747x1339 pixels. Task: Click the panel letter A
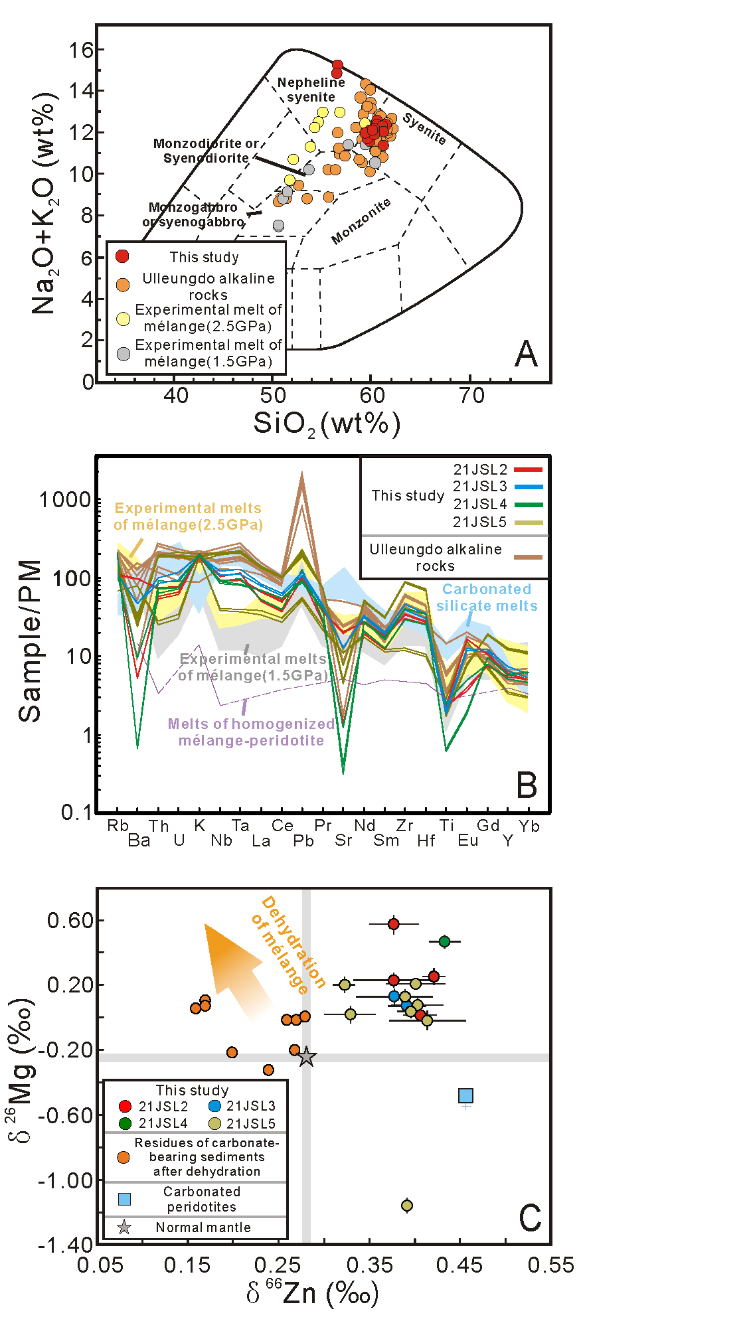526,354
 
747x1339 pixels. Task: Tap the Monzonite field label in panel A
361,222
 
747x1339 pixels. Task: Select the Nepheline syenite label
311,90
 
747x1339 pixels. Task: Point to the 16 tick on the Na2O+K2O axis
82,50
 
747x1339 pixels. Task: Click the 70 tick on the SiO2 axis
471,396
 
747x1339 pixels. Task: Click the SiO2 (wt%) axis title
327,424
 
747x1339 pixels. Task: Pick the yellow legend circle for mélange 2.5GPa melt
124,319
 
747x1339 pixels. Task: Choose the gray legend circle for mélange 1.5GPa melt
124,354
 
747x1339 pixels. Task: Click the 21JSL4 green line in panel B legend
529,505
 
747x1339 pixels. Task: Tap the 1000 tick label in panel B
64,500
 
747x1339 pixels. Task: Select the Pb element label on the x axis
303,841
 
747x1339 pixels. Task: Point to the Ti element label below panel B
447,826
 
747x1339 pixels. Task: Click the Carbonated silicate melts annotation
487,597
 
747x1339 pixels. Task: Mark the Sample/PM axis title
30,641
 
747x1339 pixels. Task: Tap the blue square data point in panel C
466,1095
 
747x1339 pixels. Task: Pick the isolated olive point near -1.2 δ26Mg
407,1206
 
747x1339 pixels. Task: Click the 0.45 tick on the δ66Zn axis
459,1265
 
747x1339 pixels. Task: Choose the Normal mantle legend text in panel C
203,1227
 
